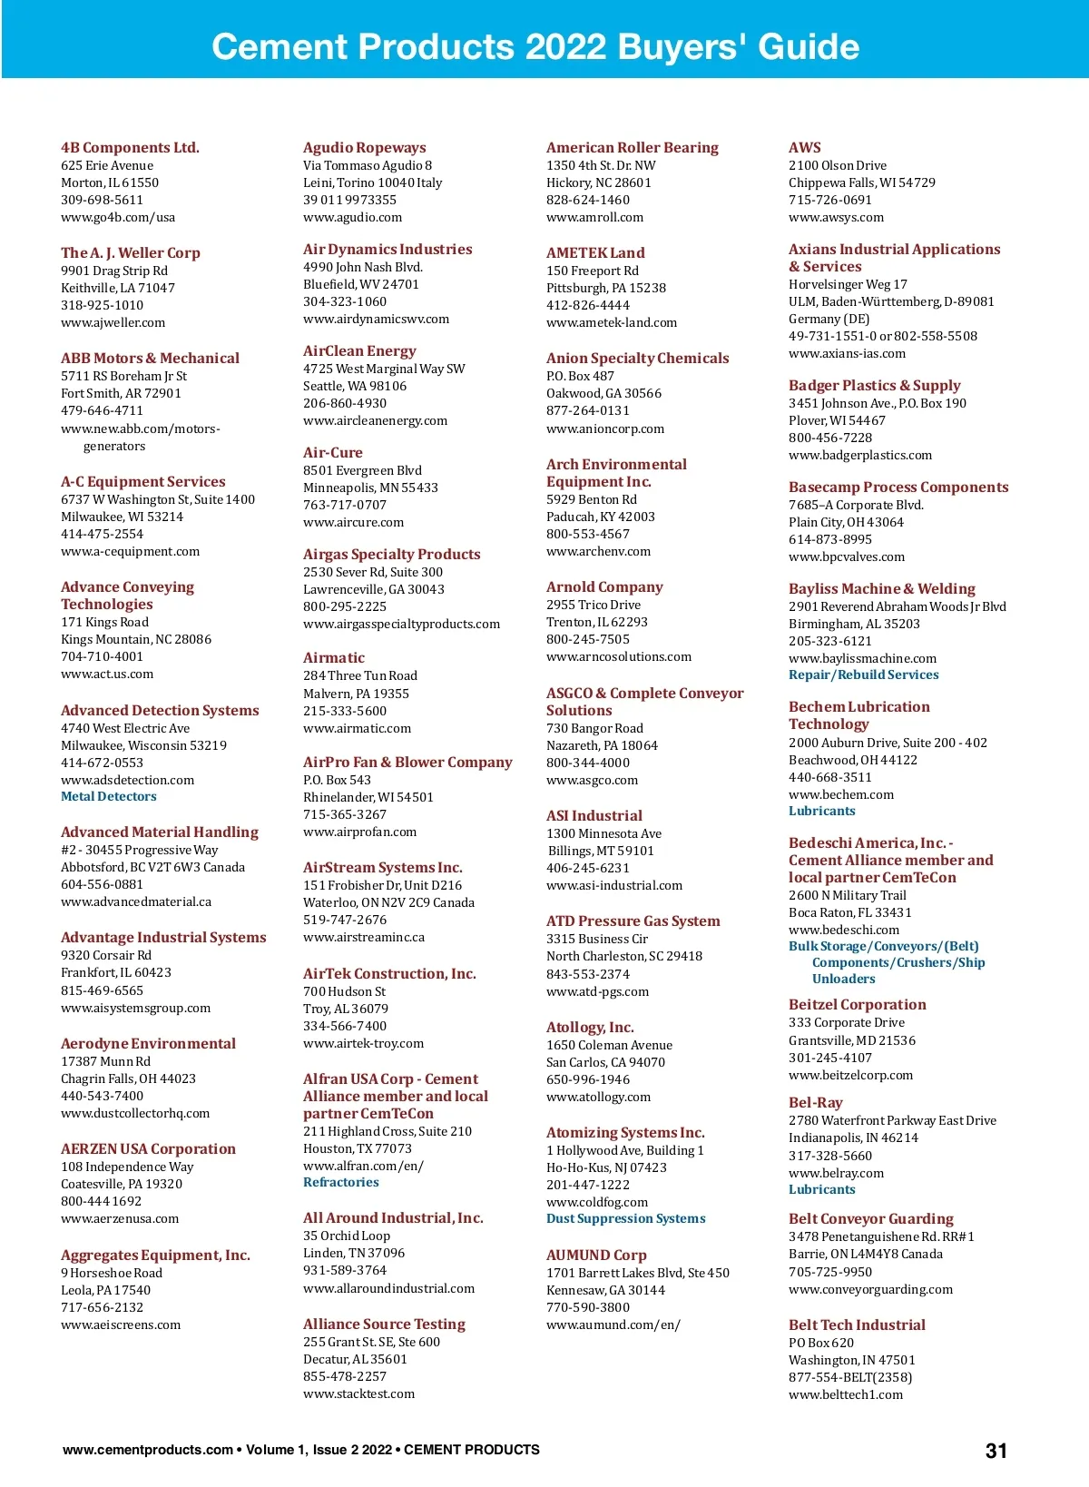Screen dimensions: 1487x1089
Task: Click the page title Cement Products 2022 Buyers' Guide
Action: (x=535, y=46)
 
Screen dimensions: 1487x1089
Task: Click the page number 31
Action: (x=996, y=1451)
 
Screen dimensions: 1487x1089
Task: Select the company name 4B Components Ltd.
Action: (x=130, y=147)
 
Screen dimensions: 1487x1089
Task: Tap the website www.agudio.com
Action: (x=352, y=217)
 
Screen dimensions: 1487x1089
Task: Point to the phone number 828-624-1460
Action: (x=587, y=200)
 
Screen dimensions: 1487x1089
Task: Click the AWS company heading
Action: (x=804, y=147)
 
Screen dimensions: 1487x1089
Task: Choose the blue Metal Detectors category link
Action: (x=108, y=796)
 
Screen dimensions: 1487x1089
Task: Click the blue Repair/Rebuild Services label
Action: (x=863, y=675)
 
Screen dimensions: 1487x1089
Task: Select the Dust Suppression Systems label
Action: (x=625, y=1218)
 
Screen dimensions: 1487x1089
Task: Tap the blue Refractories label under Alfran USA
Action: (x=340, y=1182)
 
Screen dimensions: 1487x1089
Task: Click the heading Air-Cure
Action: (x=332, y=452)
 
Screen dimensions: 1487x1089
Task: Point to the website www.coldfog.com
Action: (x=596, y=1202)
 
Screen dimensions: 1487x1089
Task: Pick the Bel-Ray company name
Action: (x=815, y=1102)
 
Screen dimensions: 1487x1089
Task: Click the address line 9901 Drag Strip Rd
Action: (x=113, y=271)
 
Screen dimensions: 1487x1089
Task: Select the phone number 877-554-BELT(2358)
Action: (x=849, y=1377)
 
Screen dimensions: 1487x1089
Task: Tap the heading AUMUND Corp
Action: (x=595, y=1255)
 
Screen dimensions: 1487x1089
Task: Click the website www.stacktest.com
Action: (x=358, y=1393)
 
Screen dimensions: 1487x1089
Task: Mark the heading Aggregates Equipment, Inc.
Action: (x=155, y=1255)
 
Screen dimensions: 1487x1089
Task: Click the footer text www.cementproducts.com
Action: (x=147, y=1450)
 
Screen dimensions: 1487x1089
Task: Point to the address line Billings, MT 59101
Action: (x=601, y=851)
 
